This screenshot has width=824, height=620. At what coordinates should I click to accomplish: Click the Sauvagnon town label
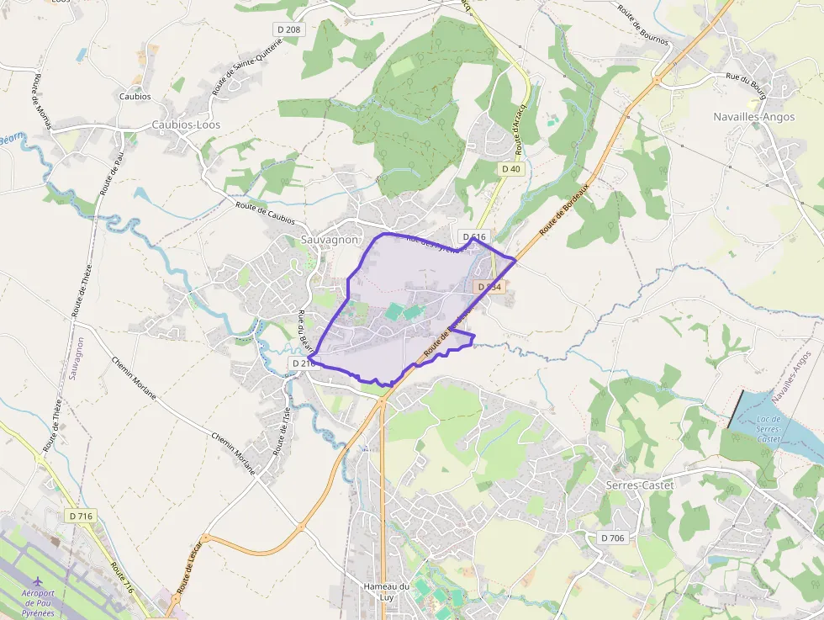pos(330,240)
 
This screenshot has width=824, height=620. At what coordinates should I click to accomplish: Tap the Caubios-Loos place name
pos(185,125)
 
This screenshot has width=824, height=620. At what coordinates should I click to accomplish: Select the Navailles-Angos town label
pos(753,117)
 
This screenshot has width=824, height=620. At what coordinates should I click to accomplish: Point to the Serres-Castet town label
pos(641,485)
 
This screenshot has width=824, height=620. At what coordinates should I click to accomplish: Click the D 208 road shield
pos(288,29)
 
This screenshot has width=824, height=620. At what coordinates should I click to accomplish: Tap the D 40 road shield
pos(511,169)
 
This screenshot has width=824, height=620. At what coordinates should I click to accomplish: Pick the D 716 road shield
pos(81,515)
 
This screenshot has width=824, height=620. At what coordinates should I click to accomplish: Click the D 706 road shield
pos(614,538)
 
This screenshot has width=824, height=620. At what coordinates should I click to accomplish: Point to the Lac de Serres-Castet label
pos(769,429)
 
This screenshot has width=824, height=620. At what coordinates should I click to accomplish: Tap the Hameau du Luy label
pos(386,591)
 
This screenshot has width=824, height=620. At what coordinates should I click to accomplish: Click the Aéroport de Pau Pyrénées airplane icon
pos(38,582)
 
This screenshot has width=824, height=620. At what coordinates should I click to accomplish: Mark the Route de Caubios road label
pos(265,214)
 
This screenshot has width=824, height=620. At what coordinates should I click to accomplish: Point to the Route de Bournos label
pos(642,24)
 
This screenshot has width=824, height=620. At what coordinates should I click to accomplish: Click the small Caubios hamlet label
pos(135,97)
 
